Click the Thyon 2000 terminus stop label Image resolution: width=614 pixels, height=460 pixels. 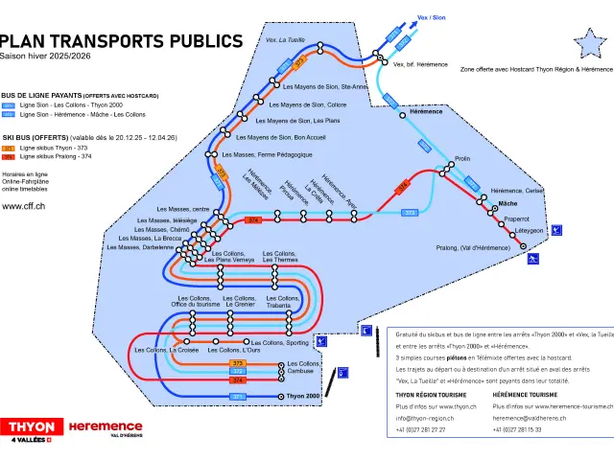302,396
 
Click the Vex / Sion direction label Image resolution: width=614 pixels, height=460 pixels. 432,17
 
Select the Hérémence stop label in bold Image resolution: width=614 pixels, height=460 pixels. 426,111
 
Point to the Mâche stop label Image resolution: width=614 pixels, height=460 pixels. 508,204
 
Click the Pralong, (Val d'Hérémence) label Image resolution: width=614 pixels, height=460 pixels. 473,248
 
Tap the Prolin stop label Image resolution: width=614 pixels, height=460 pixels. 462,158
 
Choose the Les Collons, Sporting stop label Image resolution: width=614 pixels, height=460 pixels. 285,342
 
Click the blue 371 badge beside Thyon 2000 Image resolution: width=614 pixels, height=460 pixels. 238,396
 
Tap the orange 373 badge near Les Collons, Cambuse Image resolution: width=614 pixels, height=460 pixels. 238,364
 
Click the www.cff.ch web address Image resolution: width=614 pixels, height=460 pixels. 26,205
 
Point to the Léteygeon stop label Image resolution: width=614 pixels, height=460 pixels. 530,230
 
